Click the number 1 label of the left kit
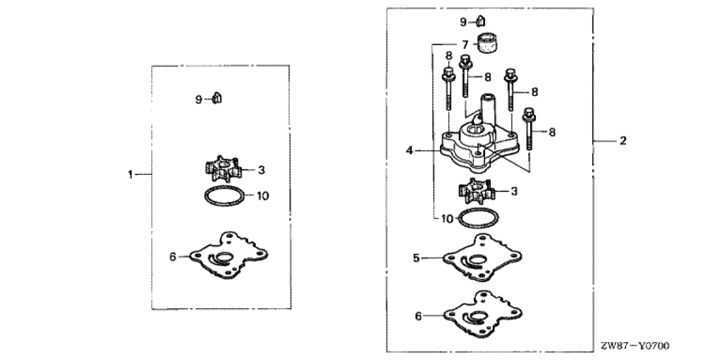[x=130, y=174]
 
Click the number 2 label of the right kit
[x=623, y=140]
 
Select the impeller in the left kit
[x=223, y=169]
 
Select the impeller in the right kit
[x=477, y=191]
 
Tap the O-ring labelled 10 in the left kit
[x=224, y=196]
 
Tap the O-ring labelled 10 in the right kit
[x=478, y=217]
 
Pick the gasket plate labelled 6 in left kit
[x=228, y=255]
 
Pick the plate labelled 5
[x=482, y=257]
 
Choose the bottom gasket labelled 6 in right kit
[x=482, y=314]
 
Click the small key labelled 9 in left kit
[x=217, y=98]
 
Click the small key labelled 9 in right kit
[x=480, y=20]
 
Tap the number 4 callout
[x=409, y=150]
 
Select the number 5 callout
[x=416, y=258]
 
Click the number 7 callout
[x=465, y=45]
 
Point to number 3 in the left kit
[x=261, y=170]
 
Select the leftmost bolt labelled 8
[x=448, y=88]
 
